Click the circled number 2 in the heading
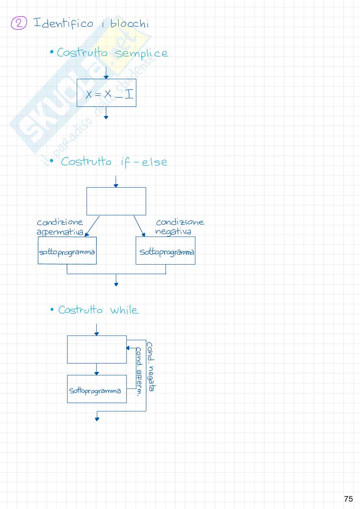click(x=19, y=23)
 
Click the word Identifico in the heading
click(x=63, y=23)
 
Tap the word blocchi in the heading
click(x=130, y=24)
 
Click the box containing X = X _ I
click(x=106, y=93)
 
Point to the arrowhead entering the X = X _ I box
click(x=106, y=77)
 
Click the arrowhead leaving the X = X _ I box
click(x=106, y=117)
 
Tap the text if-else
click(x=144, y=162)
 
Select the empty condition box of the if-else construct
click(x=116, y=201)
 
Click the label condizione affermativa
click(x=60, y=227)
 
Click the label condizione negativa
click(x=179, y=226)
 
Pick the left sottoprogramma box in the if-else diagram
click(x=67, y=251)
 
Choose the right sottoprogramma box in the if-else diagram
click(x=165, y=251)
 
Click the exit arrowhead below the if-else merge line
click(x=116, y=284)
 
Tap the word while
click(x=124, y=310)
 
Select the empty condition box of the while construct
click(x=97, y=349)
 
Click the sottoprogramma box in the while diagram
click(x=97, y=389)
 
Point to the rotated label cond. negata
click(x=151, y=367)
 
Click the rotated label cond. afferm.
click(x=139, y=371)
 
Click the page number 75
click(x=348, y=499)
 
